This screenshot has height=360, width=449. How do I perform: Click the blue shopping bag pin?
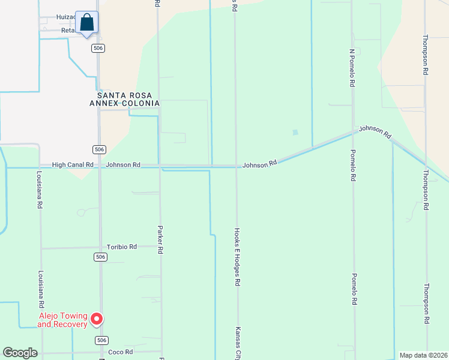87,23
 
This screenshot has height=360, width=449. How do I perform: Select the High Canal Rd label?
73,164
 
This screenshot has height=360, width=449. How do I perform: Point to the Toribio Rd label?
122,247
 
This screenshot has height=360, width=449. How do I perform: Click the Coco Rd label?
120,352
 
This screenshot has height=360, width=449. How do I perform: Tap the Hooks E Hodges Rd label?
237,256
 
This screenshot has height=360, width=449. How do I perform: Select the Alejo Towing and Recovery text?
62,320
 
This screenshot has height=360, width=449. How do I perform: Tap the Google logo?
20,353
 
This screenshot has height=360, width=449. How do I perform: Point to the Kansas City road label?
238,343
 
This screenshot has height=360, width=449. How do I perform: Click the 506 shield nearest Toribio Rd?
100,257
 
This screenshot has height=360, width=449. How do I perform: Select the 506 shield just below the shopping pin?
99,48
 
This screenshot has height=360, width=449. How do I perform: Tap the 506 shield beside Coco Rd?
100,340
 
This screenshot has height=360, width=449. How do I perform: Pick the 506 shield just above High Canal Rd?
100,149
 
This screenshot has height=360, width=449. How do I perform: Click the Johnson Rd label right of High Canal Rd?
123,164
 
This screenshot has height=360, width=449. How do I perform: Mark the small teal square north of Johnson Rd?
295,133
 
